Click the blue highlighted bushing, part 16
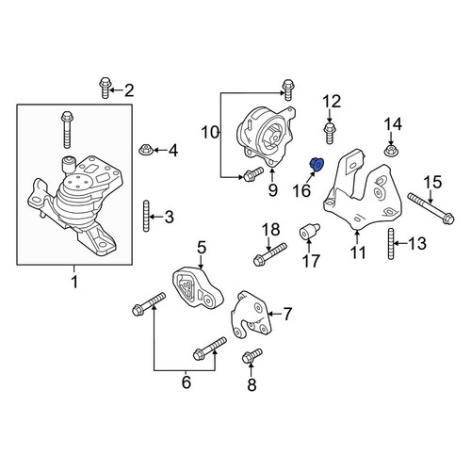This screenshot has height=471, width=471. (x=317, y=165)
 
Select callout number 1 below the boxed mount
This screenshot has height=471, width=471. (x=74, y=282)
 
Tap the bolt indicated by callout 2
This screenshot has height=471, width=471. (x=106, y=88)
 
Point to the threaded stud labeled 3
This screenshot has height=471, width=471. (x=146, y=216)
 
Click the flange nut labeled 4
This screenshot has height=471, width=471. (x=146, y=150)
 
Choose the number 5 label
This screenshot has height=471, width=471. (x=202, y=248)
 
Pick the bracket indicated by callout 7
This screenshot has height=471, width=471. (x=251, y=315)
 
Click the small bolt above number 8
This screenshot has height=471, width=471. (x=252, y=356)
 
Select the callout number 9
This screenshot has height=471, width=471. (x=272, y=189)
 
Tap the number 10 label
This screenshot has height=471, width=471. (x=210, y=132)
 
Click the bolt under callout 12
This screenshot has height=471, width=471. (x=330, y=134)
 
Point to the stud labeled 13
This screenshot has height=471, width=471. (x=391, y=244)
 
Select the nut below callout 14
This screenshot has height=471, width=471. (x=391, y=150)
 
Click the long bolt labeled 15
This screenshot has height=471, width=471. (x=430, y=208)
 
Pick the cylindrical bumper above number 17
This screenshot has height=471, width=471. (x=308, y=233)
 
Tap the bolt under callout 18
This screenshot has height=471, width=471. (x=269, y=254)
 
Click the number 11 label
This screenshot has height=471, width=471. (x=358, y=252)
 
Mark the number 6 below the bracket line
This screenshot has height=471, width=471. (x=187, y=382)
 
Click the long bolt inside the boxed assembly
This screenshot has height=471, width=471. (x=67, y=129)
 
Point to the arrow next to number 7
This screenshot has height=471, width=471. (x=274, y=314)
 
